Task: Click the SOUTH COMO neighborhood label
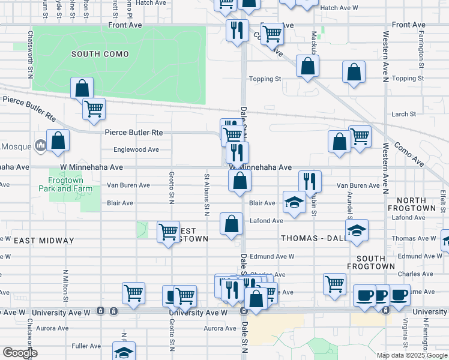[x=100, y=54]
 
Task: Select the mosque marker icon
[x=41, y=145]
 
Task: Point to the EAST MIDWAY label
[x=44, y=241]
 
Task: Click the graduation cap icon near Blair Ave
[x=294, y=202]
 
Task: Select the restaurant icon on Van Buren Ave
[x=310, y=180]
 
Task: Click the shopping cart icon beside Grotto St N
[x=168, y=231]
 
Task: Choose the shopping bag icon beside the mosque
[x=58, y=141]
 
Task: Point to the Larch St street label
[x=404, y=114]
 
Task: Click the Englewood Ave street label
[x=137, y=149]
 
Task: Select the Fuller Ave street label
[x=86, y=346]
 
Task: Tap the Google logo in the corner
[x=20, y=353]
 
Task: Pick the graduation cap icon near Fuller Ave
[x=124, y=352]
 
